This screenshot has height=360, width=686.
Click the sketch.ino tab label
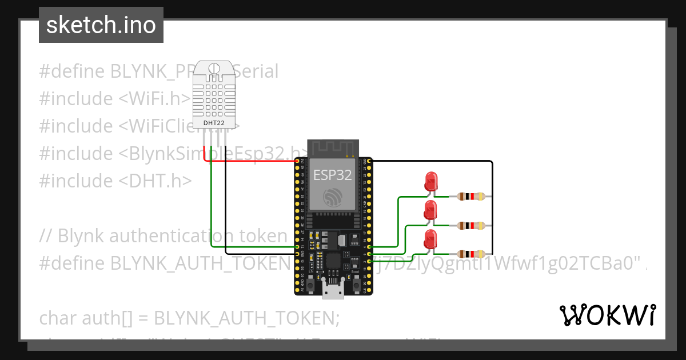pos(101,25)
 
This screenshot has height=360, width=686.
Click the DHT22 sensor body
pos(214,91)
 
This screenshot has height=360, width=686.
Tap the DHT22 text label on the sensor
pos(214,122)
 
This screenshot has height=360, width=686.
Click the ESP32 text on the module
pos(332,175)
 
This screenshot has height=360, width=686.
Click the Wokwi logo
pos(607,315)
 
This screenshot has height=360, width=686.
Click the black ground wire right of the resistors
pos(492,206)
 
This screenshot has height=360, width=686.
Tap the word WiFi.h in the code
pos(154,99)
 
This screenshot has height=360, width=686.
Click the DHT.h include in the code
pos(154,181)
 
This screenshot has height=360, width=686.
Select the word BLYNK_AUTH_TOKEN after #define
pos(201,263)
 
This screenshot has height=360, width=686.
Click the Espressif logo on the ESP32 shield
pos(332,197)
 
